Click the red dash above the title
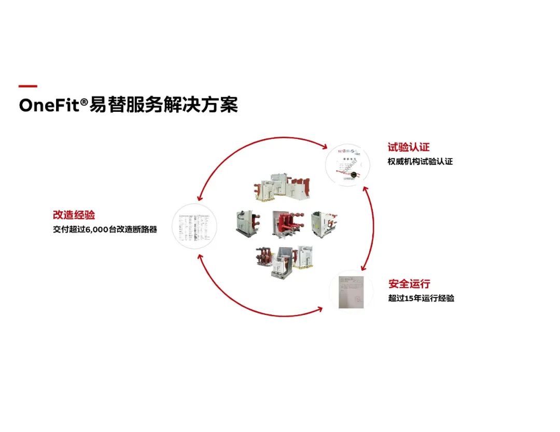tap(27, 87)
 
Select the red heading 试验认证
tap(409, 147)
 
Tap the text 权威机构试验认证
tap(420, 162)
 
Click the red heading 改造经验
tap(74, 215)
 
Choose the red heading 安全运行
tap(409, 284)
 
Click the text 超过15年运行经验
tap(421, 298)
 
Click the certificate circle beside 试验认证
tap(347, 165)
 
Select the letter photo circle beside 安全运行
tap(352, 292)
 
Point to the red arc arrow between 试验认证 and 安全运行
tap(371, 228)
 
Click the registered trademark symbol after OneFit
tap(82, 101)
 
